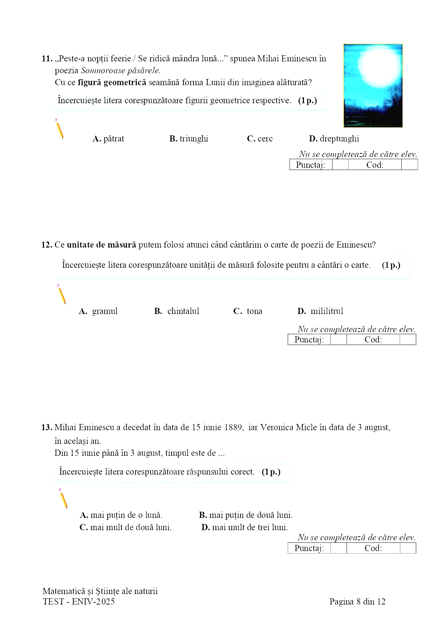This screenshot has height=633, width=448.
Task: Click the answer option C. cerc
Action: tap(260, 139)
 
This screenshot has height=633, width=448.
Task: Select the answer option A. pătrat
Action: tap(108, 139)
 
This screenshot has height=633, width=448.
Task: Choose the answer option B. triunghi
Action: tap(189, 139)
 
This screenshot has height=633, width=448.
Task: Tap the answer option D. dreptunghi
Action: tap(334, 139)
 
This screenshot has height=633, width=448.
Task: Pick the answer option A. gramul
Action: tap(98, 311)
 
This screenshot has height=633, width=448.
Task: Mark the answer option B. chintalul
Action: tap(177, 311)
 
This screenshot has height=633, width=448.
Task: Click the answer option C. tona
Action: tap(248, 311)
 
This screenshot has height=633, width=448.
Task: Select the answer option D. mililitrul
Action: tap(320, 311)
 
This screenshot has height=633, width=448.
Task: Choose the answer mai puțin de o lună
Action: tap(121, 515)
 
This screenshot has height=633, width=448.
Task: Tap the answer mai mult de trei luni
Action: tap(245, 528)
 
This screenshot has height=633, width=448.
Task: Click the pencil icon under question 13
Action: tap(63, 498)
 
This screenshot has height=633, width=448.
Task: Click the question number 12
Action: tap(47, 245)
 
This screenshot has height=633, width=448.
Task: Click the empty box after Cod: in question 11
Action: tap(409, 165)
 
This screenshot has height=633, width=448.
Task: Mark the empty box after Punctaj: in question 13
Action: tap(338, 549)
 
